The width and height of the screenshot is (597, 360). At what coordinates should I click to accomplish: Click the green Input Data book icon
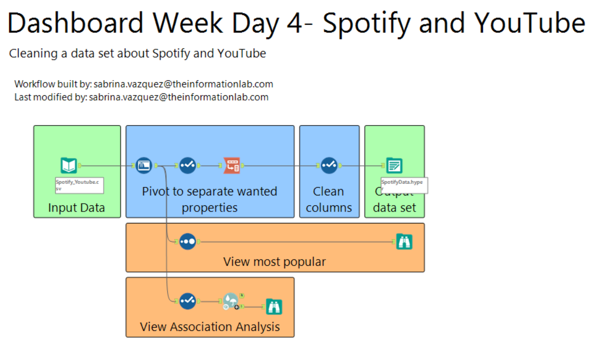(69, 166)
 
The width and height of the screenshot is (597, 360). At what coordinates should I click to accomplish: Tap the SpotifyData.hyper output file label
(404, 185)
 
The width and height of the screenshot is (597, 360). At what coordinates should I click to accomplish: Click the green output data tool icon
(394, 166)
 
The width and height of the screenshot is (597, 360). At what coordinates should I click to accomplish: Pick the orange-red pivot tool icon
(232, 166)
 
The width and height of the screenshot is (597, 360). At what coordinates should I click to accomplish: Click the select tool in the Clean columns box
(329, 166)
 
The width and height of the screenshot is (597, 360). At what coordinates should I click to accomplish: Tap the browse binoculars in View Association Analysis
(274, 307)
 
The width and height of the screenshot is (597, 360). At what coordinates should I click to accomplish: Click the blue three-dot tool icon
(188, 242)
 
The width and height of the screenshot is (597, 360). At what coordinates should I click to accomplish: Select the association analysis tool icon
(230, 301)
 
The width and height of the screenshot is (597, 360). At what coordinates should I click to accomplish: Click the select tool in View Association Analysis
(188, 301)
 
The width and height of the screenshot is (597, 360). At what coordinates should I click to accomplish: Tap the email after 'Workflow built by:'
(183, 84)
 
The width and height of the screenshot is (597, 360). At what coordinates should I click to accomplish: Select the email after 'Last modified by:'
(179, 97)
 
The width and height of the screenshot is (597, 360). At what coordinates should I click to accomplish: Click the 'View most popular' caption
(275, 262)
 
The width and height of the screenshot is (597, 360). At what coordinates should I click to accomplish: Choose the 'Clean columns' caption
(329, 200)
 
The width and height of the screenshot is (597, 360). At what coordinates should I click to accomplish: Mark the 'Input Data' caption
(77, 207)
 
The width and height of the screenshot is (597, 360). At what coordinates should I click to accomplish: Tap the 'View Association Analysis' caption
(210, 327)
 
